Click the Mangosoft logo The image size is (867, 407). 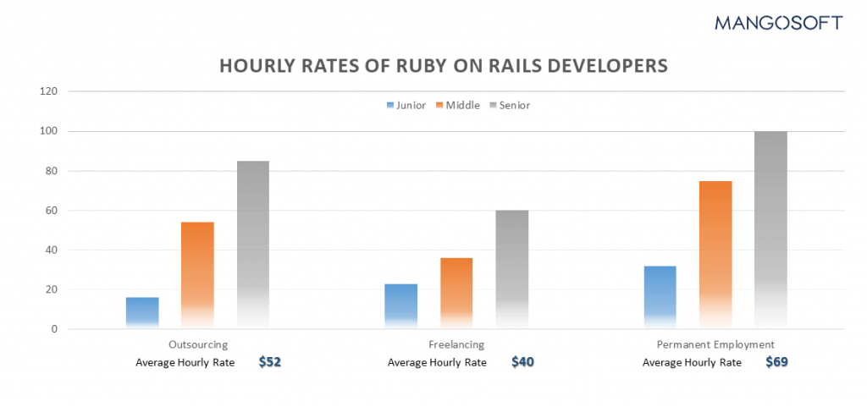[x=778, y=23]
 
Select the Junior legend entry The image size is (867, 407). [x=406, y=106]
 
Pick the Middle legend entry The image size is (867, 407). [x=458, y=106]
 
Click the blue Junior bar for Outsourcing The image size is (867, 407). [x=142, y=312]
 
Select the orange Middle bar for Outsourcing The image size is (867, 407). [x=197, y=275]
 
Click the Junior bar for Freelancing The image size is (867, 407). [x=400, y=305]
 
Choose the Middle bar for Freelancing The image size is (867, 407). [x=456, y=293]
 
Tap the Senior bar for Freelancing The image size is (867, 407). [x=511, y=269]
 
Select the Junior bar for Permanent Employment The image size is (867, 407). [x=660, y=297]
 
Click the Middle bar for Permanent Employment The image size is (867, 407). [x=715, y=254]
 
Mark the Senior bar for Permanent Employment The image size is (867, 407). [x=770, y=229]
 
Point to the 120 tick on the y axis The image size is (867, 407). [x=49, y=91]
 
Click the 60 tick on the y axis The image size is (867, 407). [x=52, y=211]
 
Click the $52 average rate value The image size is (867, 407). [x=270, y=362]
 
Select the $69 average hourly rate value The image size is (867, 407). [x=777, y=362]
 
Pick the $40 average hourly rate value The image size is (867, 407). [x=523, y=362]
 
